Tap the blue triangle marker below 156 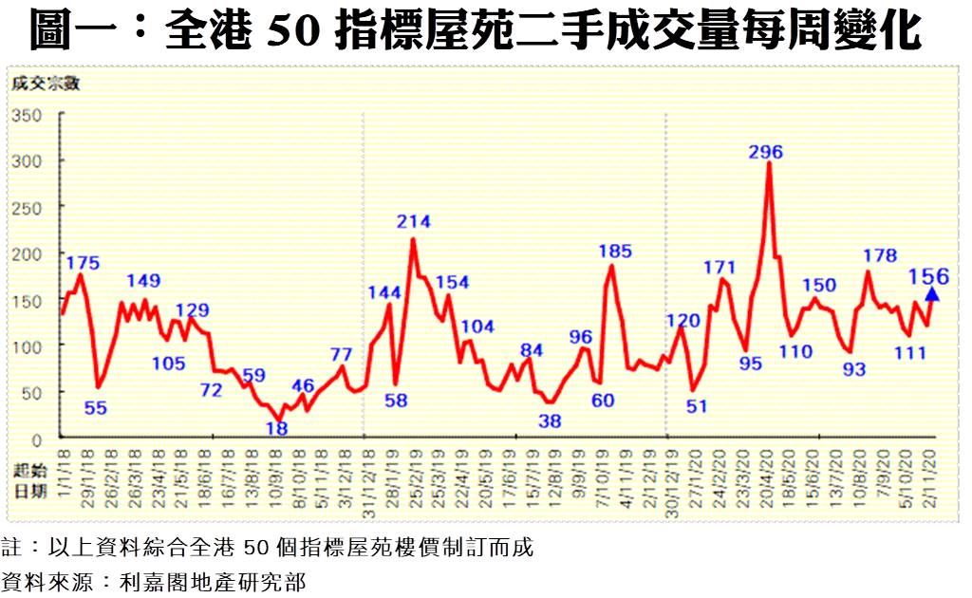point(932,295)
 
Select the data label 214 point(414,222)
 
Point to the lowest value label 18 point(276,428)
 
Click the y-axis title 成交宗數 point(45,83)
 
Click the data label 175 point(84,263)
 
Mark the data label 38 point(550,420)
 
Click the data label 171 point(720,267)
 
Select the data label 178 point(881,255)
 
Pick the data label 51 point(697,405)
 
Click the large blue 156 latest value point(929,276)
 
